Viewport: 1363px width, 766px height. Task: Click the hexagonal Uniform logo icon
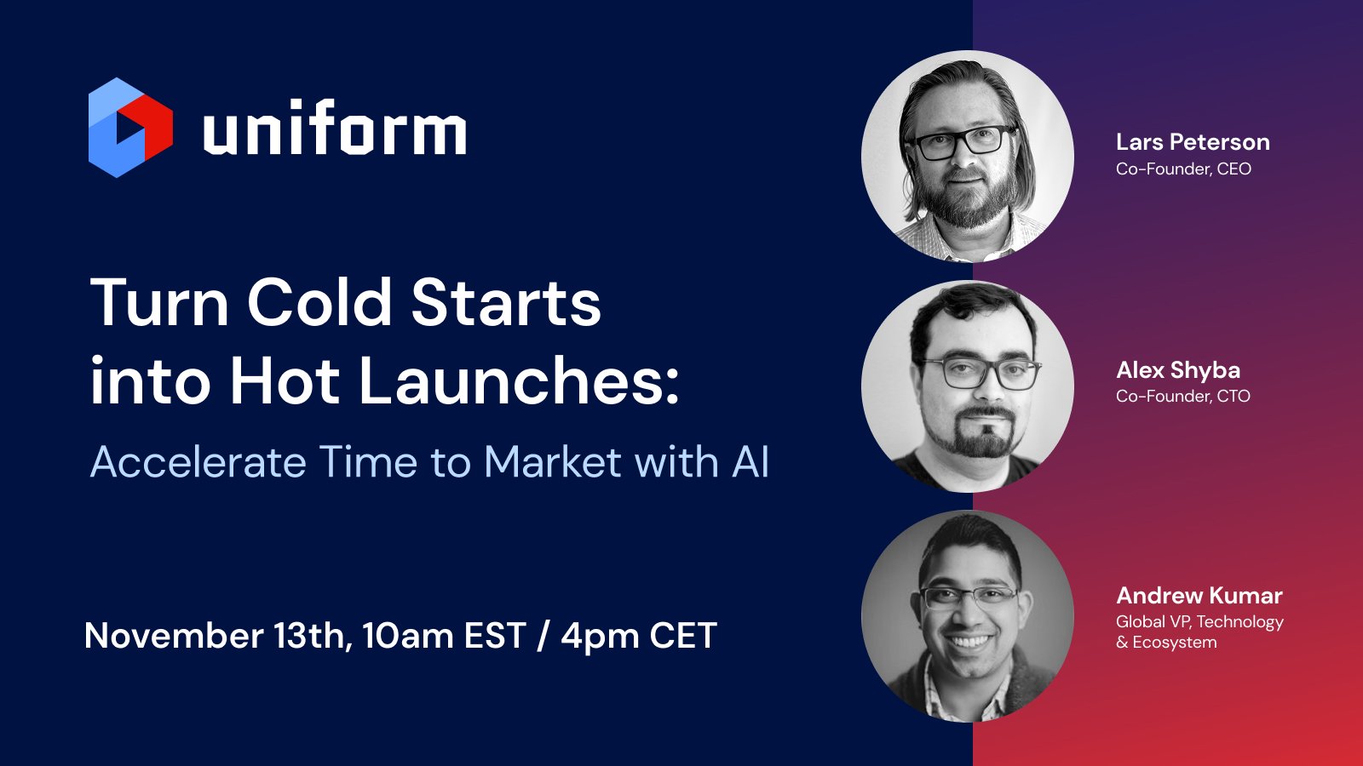(x=130, y=128)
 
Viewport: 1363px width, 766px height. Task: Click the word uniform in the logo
(x=334, y=129)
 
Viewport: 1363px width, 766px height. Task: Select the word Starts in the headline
(x=506, y=303)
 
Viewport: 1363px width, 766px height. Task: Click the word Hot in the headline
(x=285, y=380)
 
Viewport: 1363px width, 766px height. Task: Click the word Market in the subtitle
(x=553, y=462)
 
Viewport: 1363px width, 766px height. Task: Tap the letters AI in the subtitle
(x=750, y=462)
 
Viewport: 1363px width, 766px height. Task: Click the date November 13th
(x=217, y=636)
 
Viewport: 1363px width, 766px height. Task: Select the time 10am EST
(x=444, y=636)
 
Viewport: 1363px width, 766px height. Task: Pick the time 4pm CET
(x=639, y=636)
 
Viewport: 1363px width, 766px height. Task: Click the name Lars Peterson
(x=1193, y=142)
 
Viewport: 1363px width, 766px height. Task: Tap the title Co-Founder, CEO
(x=1183, y=169)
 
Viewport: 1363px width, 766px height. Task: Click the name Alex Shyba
(x=1178, y=370)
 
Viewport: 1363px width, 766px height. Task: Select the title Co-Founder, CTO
(x=1183, y=396)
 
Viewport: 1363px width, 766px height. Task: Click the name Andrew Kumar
(x=1199, y=596)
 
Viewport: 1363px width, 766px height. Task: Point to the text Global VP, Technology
(x=1199, y=622)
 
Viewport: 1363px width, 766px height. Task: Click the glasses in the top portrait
(x=963, y=141)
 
